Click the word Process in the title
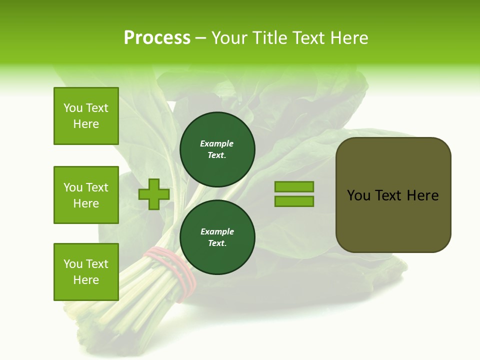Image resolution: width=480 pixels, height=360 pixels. click(x=157, y=38)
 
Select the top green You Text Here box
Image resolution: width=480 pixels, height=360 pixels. click(x=86, y=116)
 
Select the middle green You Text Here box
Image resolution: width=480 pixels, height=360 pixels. click(x=86, y=195)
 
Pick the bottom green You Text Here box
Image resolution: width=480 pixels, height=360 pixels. click(x=86, y=272)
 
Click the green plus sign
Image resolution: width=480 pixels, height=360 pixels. click(x=154, y=194)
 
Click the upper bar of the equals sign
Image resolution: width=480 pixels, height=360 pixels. click(x=294, y=186)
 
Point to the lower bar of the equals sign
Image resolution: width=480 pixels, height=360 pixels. click(x=294, y=201)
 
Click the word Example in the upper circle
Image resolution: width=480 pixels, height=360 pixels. click(x=216, y=143)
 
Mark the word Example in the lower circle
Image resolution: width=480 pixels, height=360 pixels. click(x=217, y=231)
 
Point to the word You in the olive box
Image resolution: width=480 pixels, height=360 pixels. click(x=358, y=195)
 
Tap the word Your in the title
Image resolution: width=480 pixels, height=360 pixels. click(x=230, y=38)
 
